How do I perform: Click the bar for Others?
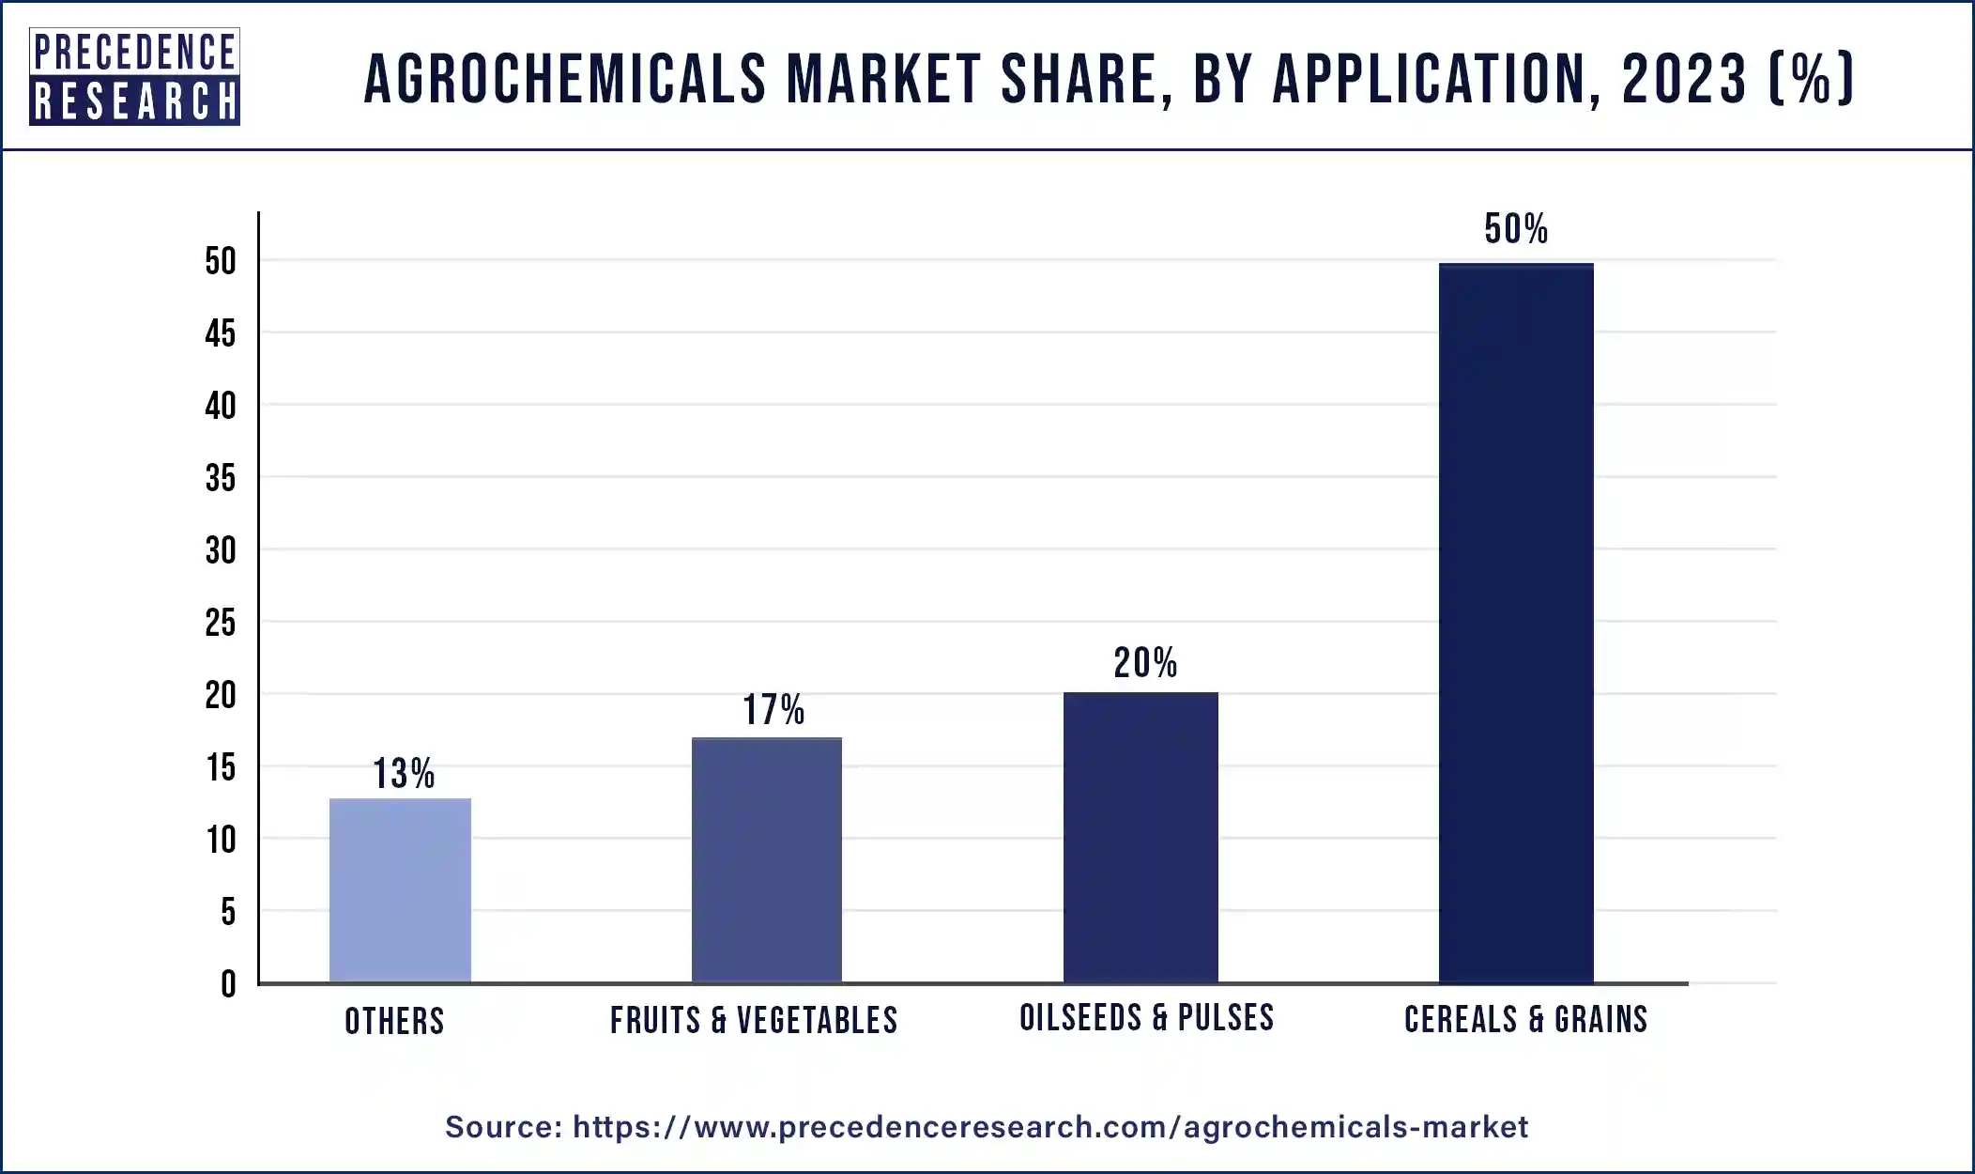click(400, 890)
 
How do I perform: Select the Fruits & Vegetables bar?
click(766, 860)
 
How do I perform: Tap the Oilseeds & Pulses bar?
click(1141, 838)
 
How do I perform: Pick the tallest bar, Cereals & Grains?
click(1516, 624)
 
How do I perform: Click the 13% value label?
click(404, 774)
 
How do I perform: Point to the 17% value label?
click(773, 710)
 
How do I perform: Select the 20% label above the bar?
click(1145, 663)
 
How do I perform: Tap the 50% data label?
click(1516, 229)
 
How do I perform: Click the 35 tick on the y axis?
click(221, 478)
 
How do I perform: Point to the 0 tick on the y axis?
click(228, 984)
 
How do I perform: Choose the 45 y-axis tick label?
click(221, 333)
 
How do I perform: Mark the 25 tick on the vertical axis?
click(221, 623)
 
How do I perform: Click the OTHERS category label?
click(394, 1021)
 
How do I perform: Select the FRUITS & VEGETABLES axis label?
click(754, 1020)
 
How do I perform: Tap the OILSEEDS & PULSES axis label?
click(1146, 1018)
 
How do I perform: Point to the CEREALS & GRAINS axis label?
click(1525, 1019)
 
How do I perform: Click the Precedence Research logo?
click(134, 76)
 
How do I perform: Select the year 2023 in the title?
click(1684, 79)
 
